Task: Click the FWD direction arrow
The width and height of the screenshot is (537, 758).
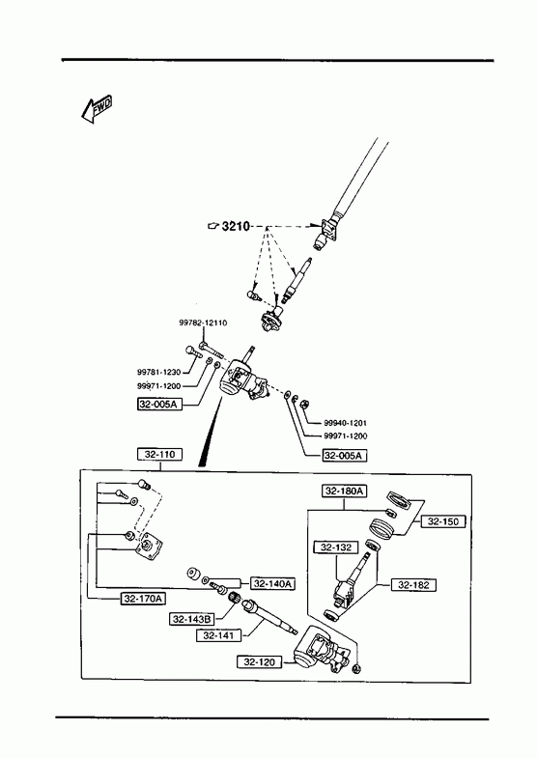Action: pyautogui.click(x=97, y=109)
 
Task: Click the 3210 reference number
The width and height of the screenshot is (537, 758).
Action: pyautogui.click(x=236, y=226)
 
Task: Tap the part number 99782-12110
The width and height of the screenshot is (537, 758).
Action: pyautogui.click(x=203, y=323)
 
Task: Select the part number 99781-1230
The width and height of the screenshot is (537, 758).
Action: pyautogui.click(x=158, y=372)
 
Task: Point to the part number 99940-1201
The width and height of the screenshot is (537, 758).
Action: pyautogui.click(x=345, y=423)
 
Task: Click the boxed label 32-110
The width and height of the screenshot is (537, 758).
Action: pyautogui.click(x=160, y=455)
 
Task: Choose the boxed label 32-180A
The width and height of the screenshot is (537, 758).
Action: pyautogui.click(x=345, y=491)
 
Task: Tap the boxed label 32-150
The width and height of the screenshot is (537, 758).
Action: pyautogui.click(x=442, y=521)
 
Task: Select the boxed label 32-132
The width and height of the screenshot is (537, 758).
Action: pyautogui.click(x=336, y=547)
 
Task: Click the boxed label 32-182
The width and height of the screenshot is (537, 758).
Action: pyautogui.click(x=413, y=585)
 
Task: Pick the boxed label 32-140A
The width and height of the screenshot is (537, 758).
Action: pyautogui.click(x=272, y=584)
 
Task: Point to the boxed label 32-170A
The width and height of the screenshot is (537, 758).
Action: pyautogui.click(x=143, y=599)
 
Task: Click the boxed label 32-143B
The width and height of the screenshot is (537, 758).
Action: pyautogui.click(x=192, y=619)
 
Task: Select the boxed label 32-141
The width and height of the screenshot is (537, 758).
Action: pyautogui.click(x=218, y=635)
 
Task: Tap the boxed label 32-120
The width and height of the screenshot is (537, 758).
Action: pyautogui.click(x=259, y=661)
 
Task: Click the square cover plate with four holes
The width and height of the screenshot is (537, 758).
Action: pyautogui.click(x=149, y=547)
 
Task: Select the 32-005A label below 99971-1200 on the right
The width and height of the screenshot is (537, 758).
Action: pyautogui.click(x=345, y=455)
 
